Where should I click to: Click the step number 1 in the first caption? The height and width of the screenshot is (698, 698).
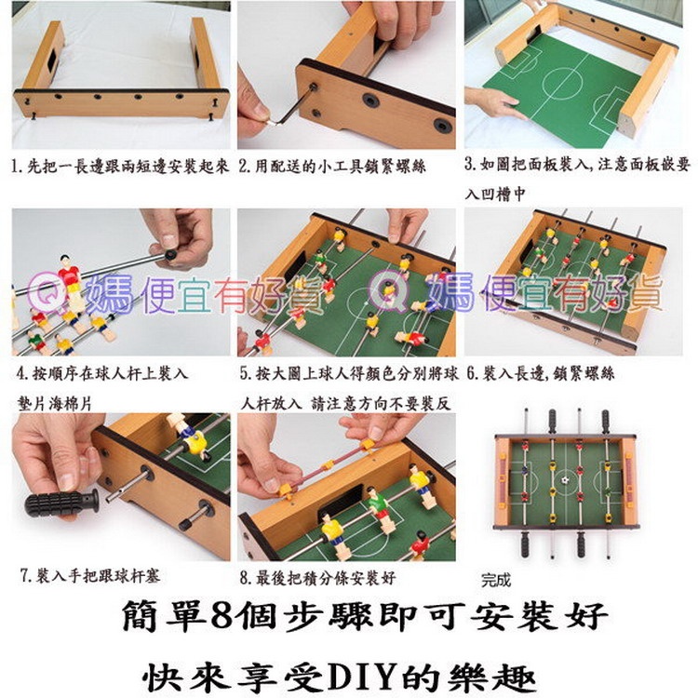tap(16, 166)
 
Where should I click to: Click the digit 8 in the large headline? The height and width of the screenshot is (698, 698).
tap(222, 615)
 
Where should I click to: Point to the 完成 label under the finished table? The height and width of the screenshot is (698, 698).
tap(495, 581)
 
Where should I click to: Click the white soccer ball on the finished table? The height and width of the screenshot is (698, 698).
tap(565, 481)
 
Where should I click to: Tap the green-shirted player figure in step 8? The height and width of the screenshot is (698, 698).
tap(380, 509)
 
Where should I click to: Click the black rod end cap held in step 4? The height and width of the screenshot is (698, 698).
tap(170, 255)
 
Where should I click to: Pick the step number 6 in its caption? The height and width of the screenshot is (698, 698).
tap(472, 373)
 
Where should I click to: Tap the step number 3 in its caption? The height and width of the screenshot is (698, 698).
tap(470, 164)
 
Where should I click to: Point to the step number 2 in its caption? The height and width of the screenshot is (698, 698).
tap(244, 166)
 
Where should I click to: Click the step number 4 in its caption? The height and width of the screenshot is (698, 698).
tap(21, 373)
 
